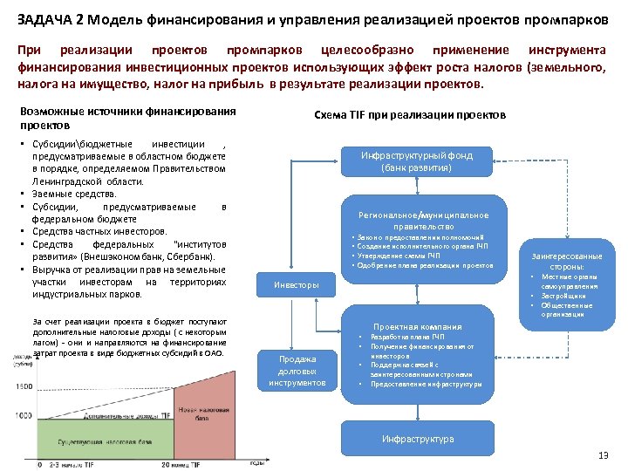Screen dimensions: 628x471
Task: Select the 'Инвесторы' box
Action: point(297,285)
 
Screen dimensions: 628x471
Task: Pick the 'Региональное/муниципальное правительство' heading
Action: point(423,220)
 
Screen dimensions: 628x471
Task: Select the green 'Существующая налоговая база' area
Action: point(96,443)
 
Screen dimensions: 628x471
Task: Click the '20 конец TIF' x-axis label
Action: point(183,464)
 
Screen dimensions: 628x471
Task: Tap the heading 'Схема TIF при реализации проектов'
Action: point(409,116)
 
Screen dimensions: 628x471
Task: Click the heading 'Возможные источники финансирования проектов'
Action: point(127,118)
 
